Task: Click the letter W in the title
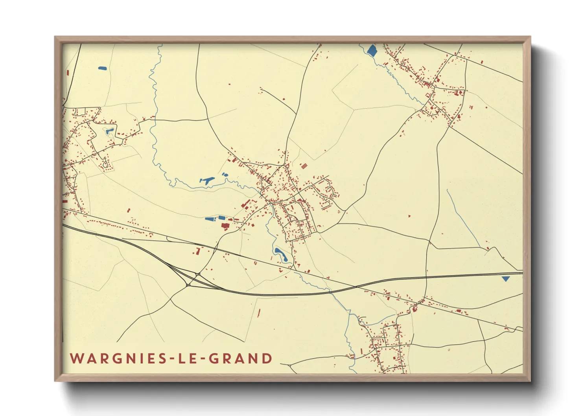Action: coord(77,359)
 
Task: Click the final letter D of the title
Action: coord(267,359)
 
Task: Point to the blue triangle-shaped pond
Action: coord(506,278)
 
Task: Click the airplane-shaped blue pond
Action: coord(207,180)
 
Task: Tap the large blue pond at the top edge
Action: coord(371,50)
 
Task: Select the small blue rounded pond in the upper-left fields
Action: coord(102,68)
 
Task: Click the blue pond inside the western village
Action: coord(109,131)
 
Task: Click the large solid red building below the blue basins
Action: coord(225,226)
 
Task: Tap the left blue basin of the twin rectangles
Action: coord(209,218)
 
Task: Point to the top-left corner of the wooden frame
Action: coord(55,37)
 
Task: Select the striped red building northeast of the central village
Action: coord(303,166)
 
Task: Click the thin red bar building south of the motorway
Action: coord(259,313)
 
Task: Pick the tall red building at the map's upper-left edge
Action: coord(68,73)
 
